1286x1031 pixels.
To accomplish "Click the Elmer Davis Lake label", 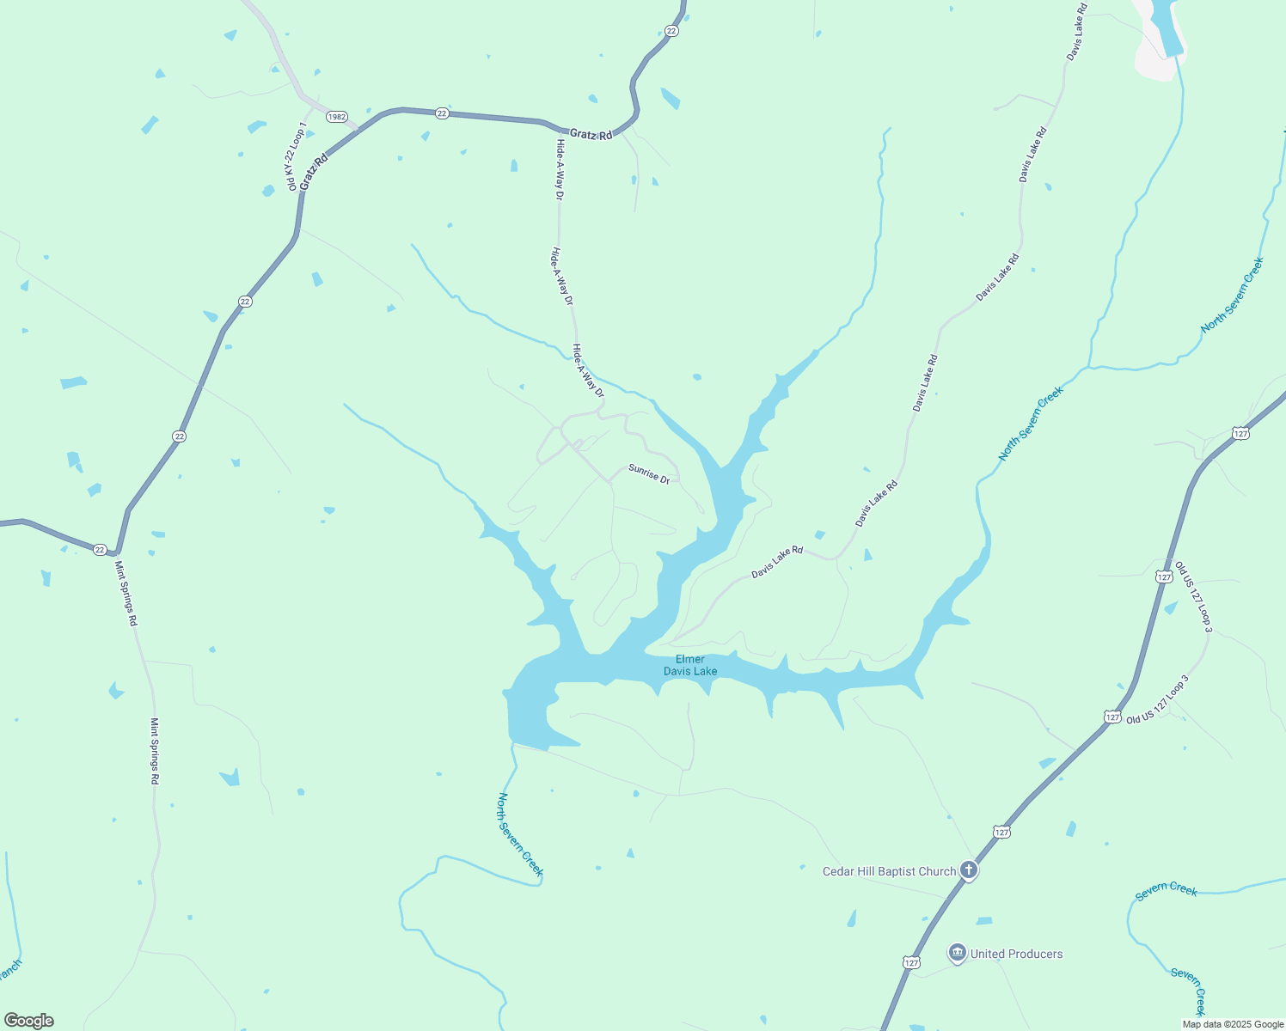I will click(x=689, y=665).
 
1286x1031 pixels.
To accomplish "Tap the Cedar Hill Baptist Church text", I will click(x=889, y=871).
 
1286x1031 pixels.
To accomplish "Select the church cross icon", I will click(x=969, y=870).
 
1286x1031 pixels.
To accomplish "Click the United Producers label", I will click(x=1016, y=954).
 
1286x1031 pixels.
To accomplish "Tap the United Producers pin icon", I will click(x=957, y=953).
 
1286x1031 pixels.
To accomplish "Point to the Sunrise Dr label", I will click(x=649, y=473).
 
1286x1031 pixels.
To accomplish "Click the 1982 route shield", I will click(x=337, y=117).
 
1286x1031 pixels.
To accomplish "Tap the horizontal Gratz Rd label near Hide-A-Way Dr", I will click(x=591, y=135).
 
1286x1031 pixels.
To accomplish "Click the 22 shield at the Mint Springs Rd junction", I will click(x=100, y=550).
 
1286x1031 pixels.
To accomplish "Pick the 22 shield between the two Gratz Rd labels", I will click(x=441, y=113).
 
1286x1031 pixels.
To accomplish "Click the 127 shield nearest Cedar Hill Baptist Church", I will click(x=1001, y=832).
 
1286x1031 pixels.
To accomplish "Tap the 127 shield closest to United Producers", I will click(x=911, y=962).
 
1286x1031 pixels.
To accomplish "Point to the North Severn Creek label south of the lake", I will click(x=520, y=834).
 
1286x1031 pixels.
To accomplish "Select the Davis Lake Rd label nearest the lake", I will click(x=776, y=562).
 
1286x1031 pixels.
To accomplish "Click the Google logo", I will click(x=29, y=1021).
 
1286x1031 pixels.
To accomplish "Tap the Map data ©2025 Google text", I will click(x=1233, y=1024).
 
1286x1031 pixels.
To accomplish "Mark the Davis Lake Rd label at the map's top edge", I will click(x=1077, y=32).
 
